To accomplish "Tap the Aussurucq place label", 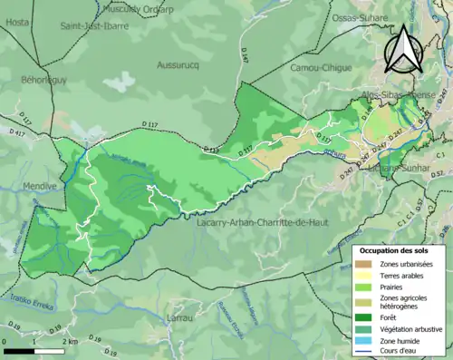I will click(182, 65).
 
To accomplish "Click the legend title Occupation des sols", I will click(399, 249).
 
